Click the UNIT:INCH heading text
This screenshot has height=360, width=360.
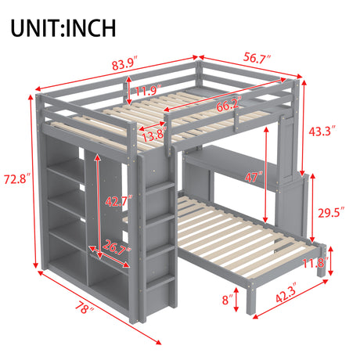click(x=63, y=28)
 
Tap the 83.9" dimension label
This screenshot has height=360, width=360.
click(x=125, y=63)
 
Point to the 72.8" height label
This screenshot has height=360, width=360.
click(x=17, y=179)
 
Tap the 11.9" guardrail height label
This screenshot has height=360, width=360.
click(x=148, y=90)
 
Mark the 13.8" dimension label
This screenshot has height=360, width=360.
click(x=154, y=135)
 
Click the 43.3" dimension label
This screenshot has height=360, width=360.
click(x=322, y=131)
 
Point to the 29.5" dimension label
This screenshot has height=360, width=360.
click(x=331, y=213)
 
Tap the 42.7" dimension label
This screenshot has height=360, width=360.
click(x=119, y=201)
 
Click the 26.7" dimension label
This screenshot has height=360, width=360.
click(x=116, y=247)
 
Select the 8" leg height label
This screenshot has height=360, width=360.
click(x=228, y=300)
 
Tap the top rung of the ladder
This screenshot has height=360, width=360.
click(x=160, y=188)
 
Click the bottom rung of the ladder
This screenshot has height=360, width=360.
click(x=160, y=282)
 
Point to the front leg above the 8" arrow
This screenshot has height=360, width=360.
click(x=251, y=299)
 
